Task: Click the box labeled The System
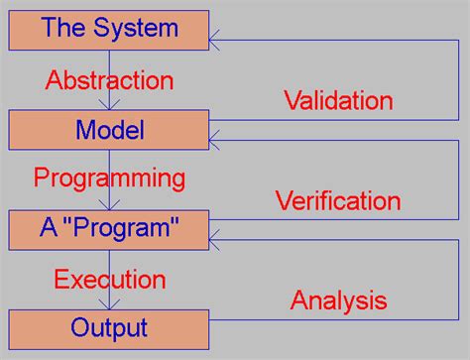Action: pos(110,28)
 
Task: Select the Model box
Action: pos(110,129)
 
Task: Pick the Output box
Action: pos(110,327)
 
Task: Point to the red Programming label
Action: pos(109,179)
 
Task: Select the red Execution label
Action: pos(109,279)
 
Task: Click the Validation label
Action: pos(338,100)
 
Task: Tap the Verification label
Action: pos(337,201)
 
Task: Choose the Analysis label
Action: pos(337,300)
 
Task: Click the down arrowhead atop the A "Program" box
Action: pos(110,205)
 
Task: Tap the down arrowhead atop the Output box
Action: pos(110,304)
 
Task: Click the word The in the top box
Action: pos(63,28)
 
